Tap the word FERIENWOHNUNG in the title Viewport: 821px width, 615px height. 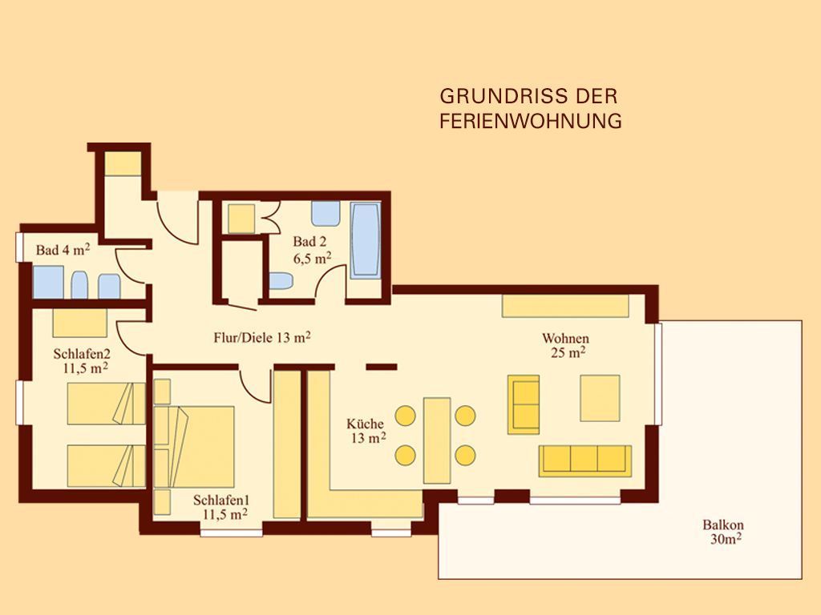click(x=531, y=121)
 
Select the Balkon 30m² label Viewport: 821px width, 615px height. click(x=724, y=532)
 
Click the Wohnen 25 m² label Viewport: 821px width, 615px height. click(x=565, y=345)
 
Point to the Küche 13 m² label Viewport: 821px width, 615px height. click(x=366, y=431)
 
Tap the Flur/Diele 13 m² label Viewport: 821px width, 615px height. click(x=262, y=337)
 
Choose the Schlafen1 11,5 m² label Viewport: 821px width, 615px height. click(x=220, y=507)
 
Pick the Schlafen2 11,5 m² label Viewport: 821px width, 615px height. click(x=83, y=361)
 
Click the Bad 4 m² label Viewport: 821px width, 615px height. click(x=63, y=250)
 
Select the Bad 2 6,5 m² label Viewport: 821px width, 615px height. click(x=311, y=250)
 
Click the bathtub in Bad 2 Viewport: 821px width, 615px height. click(x=366, y=240)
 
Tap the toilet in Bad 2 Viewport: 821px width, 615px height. click(x=281, y=281)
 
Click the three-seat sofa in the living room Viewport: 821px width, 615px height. click(x=584, y=460)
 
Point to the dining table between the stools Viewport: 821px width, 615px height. click(x=437, y=440)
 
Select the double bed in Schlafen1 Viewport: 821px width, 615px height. click(x=194, y=447)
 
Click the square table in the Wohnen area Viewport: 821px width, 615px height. click(x=600, y=398)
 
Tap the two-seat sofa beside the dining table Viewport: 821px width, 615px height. click(x=524, y=404)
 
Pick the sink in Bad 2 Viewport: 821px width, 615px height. click(x=326, y=213)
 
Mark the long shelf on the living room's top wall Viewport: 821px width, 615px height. click(x=565, y=306)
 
